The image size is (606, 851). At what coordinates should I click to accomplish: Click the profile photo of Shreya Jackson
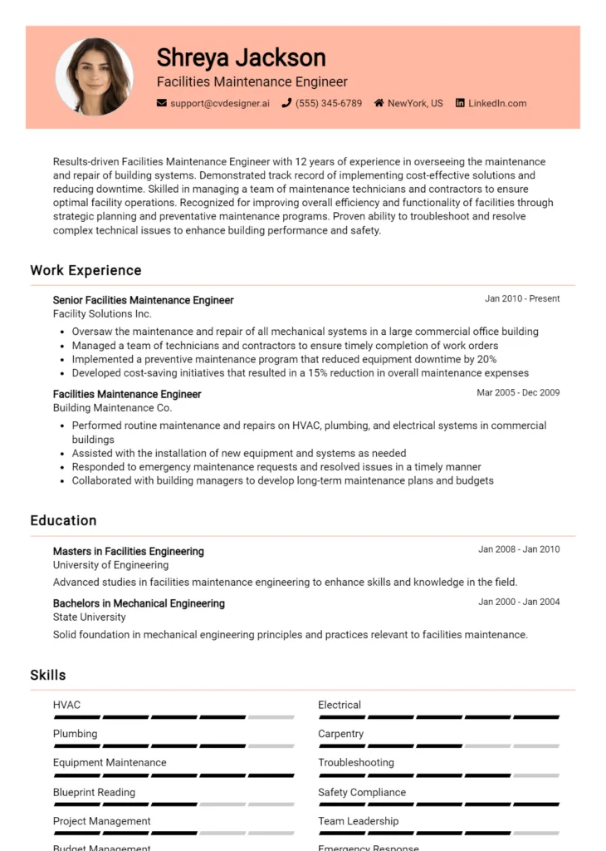(94, 76)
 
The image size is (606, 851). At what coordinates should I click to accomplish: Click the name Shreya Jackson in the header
(241, 57)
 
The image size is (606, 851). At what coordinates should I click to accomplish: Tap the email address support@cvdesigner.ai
(219, 104)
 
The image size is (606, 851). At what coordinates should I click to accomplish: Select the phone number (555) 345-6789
(329, 104)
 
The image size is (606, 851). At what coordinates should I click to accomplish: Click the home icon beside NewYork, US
(379, 104)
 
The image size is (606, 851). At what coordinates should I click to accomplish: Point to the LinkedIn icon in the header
(459, 104)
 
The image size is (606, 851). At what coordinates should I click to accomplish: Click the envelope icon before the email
(162, 104)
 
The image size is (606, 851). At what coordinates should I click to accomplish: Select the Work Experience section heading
(86, 270)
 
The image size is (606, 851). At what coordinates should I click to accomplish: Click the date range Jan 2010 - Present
(522, 298)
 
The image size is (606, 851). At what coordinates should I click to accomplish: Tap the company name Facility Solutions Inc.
(102, 314)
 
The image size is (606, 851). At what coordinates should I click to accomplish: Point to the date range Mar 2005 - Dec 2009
(518, 392)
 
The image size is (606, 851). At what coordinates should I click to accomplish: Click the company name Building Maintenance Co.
(112, 408)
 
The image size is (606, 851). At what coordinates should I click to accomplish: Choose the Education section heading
(63, 520)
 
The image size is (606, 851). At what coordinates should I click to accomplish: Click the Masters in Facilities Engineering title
(128, 551)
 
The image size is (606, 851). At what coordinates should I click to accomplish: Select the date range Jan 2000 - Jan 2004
(519, 602)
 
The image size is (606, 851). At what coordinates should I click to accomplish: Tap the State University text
(89, 617)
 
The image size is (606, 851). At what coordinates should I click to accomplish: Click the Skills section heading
(48, 675)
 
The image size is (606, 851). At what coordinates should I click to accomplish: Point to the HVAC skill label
(66, 705)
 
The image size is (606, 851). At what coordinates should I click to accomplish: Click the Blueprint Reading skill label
(94, 792)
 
